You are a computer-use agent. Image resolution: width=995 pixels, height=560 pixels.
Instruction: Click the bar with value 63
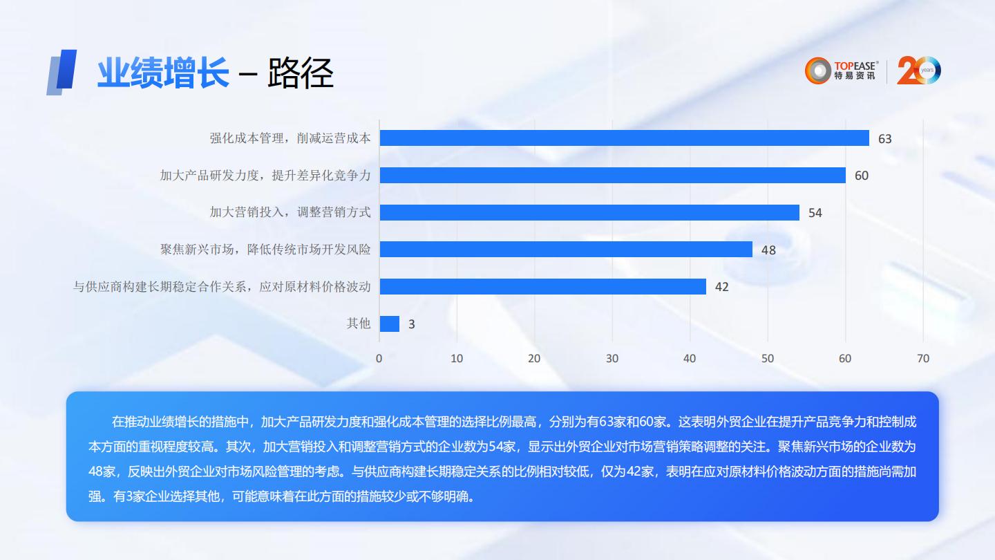pyautogui.click(x=624, y=138)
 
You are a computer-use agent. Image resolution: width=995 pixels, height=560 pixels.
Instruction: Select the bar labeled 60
pyautogui.click(x=612, y=175)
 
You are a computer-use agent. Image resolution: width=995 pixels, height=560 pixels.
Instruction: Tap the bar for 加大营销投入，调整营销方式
pyautogui.click(x=589, y=212)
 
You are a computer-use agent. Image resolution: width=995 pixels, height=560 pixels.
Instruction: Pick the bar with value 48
pyautogui.click(x=566, y=249)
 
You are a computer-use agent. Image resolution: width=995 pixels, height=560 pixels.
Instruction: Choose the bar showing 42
pyautogui.click(x=542, y=286)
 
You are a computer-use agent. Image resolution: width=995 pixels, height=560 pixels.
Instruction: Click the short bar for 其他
pyautogui.click(x=390, y=324)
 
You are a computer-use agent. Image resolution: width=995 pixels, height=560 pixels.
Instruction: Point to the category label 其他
pyautogui.click(x=359, y=323)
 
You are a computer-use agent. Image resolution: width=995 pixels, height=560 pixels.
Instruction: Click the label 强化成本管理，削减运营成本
pyautogui.click(x=290, y=138)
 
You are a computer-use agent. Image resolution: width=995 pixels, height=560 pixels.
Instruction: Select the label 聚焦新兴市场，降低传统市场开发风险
pyautogui.click(x=265, y=249)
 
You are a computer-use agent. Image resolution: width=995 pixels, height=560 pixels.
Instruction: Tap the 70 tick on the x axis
pyautogui.click(x=923, y=358)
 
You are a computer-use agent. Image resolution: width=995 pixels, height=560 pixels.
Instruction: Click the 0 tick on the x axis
pyautogui.click(x=379, y=358)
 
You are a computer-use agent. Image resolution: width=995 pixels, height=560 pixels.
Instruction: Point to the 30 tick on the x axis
pyautogui.click(x=612, y=358)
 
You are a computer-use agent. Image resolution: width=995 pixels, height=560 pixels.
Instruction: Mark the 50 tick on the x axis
pyautogui.click(x=768, y=358)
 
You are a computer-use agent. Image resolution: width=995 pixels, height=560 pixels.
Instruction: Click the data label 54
pyautogui.click(x=815, y=213)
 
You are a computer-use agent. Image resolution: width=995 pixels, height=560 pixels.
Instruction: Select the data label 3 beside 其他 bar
pyautogui.click(x=412, y=324)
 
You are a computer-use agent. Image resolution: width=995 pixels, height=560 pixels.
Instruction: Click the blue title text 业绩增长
pyautogui.click(x=162, y=73)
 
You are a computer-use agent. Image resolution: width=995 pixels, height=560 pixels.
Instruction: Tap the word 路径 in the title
pyautogui.click(x=301, y=73)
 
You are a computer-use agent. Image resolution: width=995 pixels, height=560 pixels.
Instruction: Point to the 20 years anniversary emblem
pyautogui.click(x=919, y=71)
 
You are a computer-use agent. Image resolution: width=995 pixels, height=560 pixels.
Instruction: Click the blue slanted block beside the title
pyautogui.click(x=62, y=72)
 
